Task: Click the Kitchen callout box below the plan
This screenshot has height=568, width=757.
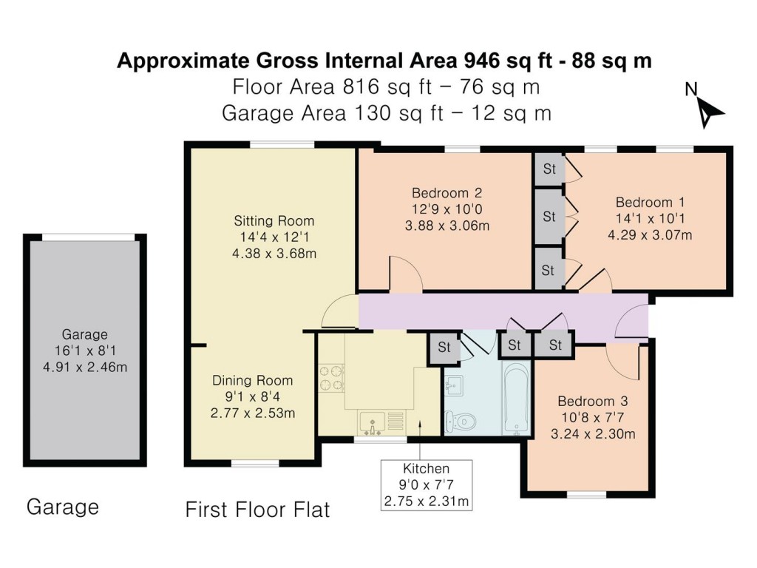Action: pos(426,485)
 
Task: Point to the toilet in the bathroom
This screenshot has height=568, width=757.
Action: pos(461,422)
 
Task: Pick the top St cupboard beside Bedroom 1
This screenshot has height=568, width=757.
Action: pos(549,169)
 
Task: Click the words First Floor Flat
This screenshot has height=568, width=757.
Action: pos(257,510)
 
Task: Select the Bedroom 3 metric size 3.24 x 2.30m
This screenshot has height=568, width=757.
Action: pos(593,434)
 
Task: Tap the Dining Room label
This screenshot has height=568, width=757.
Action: pos(252,381)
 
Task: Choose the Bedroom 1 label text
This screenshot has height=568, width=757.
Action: pos(645,202)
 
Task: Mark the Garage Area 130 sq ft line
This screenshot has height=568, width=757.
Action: pos(386,113)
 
